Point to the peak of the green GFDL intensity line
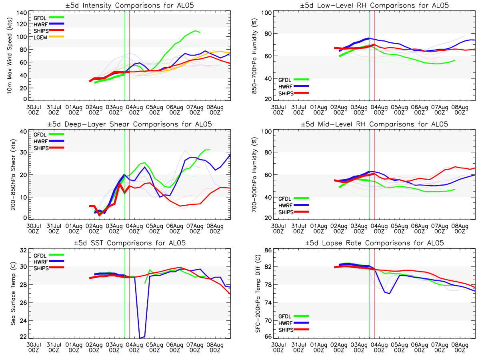coord(195,31)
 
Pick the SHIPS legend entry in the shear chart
coord(41,148)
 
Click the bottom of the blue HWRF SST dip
coord(140,338)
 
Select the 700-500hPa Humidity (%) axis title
coord(254,175)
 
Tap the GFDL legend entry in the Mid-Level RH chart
coord(286,198)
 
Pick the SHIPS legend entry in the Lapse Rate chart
coord(286,330)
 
